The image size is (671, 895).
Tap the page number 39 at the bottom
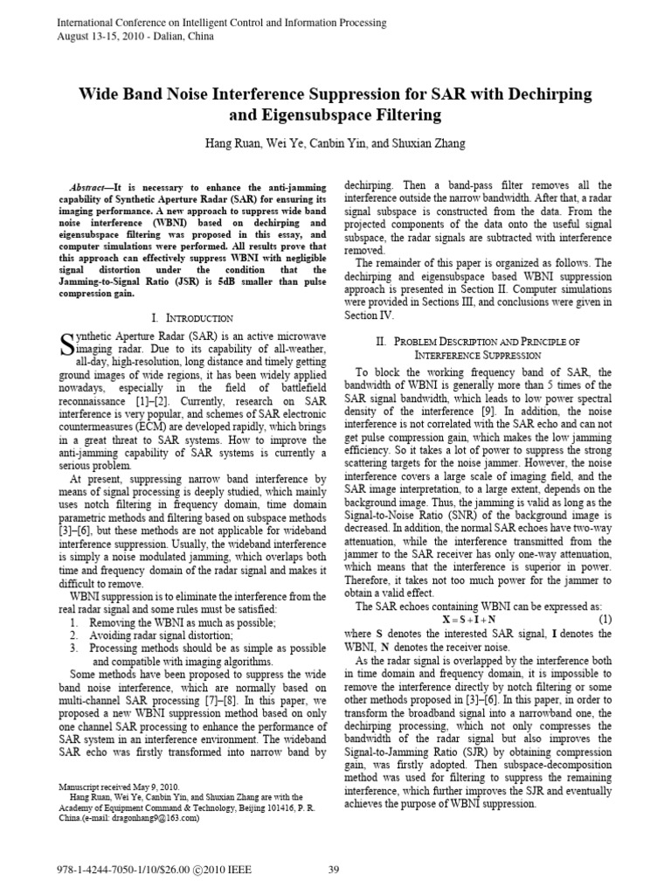[334, 868]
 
